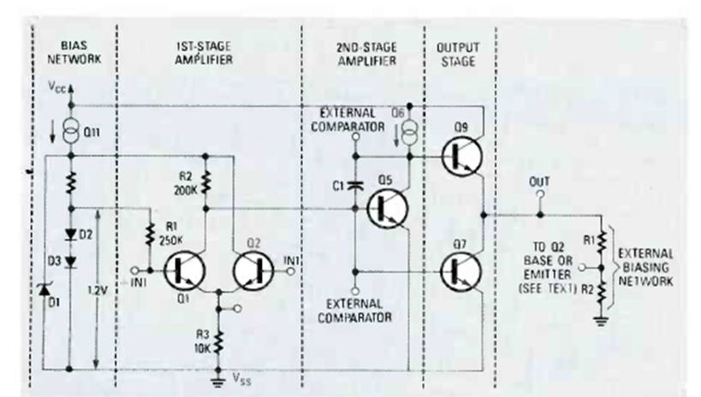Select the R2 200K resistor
coord(206,181)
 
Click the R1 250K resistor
coord(151,233)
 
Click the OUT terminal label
coord(539,181)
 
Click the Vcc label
coord(57,87)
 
